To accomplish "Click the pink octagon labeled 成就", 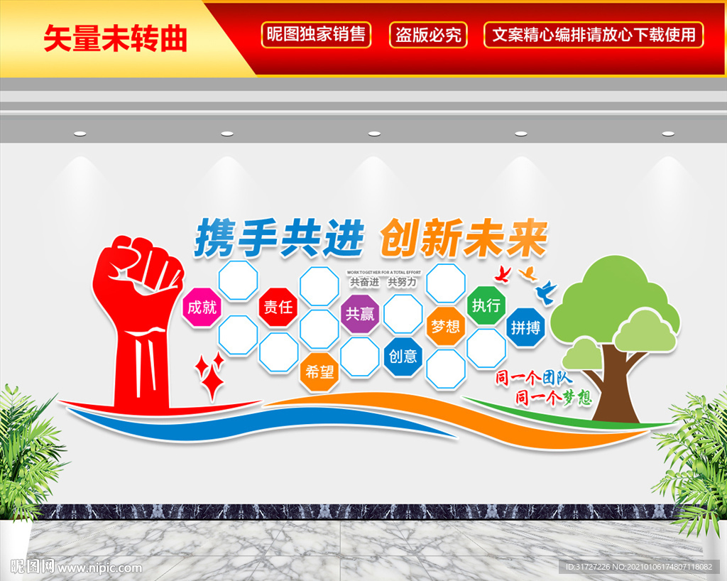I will pos(202,307).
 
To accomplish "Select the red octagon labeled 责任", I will pos(278,307).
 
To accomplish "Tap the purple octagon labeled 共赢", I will pos(360,313).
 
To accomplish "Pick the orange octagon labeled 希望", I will pos(319,371).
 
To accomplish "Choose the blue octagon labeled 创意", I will pos(403,356).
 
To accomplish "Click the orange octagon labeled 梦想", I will pos(446,327).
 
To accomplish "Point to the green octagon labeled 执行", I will pos(486,305).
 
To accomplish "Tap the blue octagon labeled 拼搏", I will pos(526,327).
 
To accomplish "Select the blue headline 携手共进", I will pos(279,238).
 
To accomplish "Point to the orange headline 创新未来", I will pos(463,239).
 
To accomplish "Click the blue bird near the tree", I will pos(547,290).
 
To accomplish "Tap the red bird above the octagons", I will pos(503,273).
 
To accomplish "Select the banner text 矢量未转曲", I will pos(115,38).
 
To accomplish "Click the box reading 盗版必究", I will pos(428,34).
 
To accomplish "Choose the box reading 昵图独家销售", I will pos(316,34).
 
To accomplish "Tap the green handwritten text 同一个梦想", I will pos(554,397).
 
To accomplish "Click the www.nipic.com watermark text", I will pos(99,568).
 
